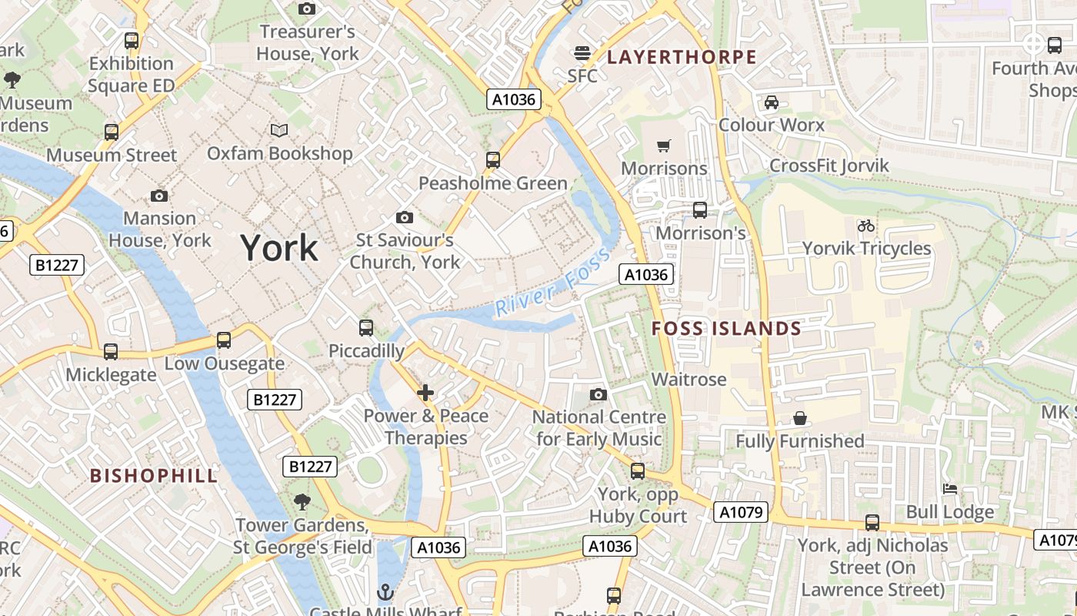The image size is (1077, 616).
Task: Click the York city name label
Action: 278,248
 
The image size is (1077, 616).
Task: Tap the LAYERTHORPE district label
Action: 682,57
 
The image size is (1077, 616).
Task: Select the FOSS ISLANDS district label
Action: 726,329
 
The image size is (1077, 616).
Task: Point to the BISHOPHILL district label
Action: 154,475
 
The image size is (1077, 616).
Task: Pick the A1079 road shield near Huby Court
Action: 740,512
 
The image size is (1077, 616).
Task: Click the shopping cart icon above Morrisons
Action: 663,146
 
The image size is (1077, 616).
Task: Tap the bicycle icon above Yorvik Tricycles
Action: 866,226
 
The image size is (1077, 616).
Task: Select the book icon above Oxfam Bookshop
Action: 279,130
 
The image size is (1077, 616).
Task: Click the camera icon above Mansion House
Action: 159,196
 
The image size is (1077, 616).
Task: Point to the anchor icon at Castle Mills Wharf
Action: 385,592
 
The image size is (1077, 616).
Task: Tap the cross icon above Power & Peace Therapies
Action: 425,393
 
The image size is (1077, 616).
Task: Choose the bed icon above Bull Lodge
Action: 950,489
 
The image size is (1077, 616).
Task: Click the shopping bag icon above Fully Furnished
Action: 800,418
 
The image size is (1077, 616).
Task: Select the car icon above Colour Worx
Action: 771,102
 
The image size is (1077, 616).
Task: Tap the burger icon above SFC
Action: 582,53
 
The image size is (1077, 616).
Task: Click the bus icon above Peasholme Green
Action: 493,160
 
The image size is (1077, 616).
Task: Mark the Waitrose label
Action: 689,380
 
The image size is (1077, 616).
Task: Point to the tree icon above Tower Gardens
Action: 302,502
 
